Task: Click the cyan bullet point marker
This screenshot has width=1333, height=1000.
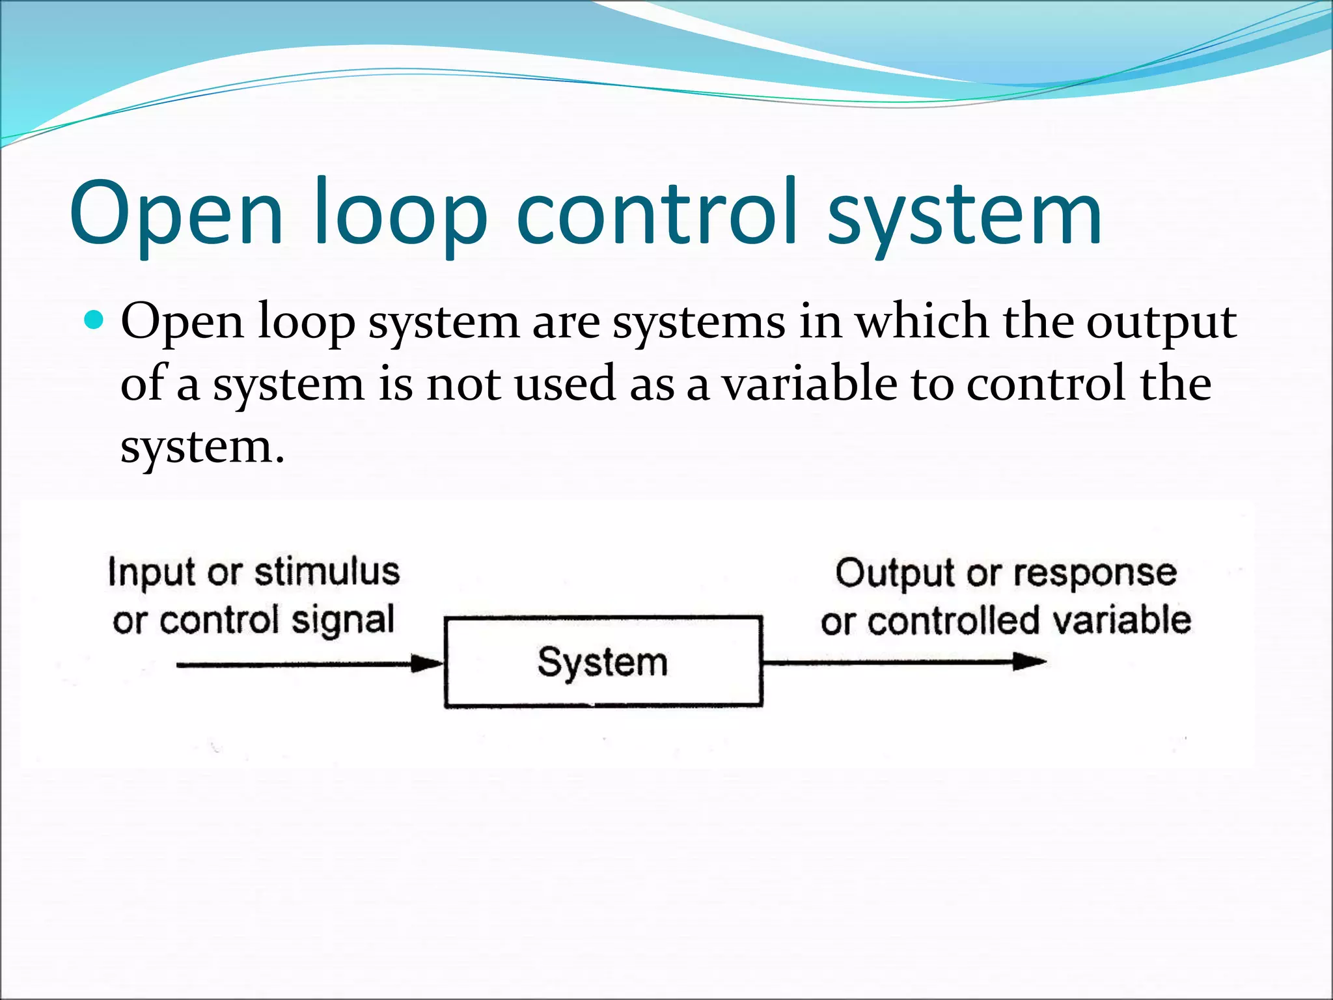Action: pyautogui.click(x=94, y=320)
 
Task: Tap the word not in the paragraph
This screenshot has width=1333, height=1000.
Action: pyautogui.click(x=463, y=384)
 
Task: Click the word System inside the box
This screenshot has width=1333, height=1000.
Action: pyautogui.click(x=603, y=663)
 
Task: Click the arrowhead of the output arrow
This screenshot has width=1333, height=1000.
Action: pyautogui.click(x=1030, y=662)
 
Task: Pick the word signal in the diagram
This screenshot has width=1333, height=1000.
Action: pyautogui.click(x=342, y=620)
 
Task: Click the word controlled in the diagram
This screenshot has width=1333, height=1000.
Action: pyautogui.click(x=953, y=620)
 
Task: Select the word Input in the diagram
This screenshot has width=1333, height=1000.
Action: pyautogui.click(x=152, y=574)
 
